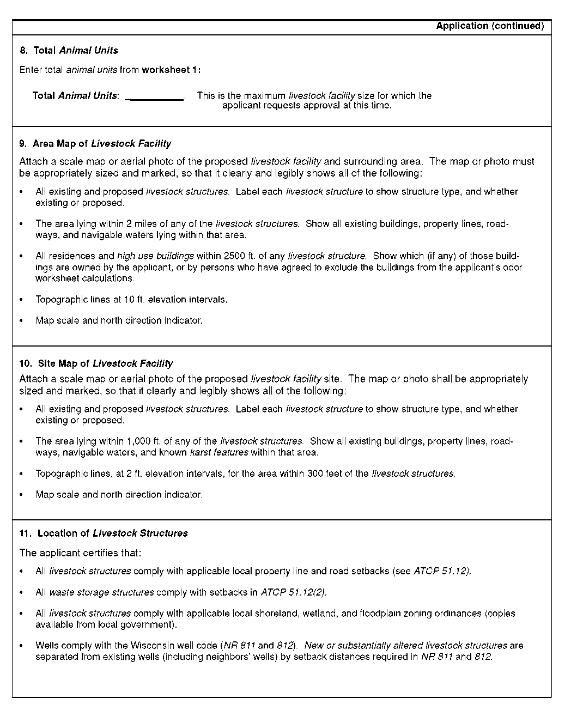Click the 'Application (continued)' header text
tap(490, 26)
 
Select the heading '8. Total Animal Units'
tap(69, 51)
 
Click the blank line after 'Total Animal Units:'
tap(155, 96)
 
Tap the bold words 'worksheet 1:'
tap(171, 70)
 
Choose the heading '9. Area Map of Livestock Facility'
tap(95, 144)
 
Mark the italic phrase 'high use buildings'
tap(155, 256)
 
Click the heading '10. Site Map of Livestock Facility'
tap(96, 363)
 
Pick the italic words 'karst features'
tap(218, 452)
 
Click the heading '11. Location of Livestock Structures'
tap(104, 533)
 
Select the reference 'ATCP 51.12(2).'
tap(294, 592)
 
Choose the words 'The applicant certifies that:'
tap(80, 553)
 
